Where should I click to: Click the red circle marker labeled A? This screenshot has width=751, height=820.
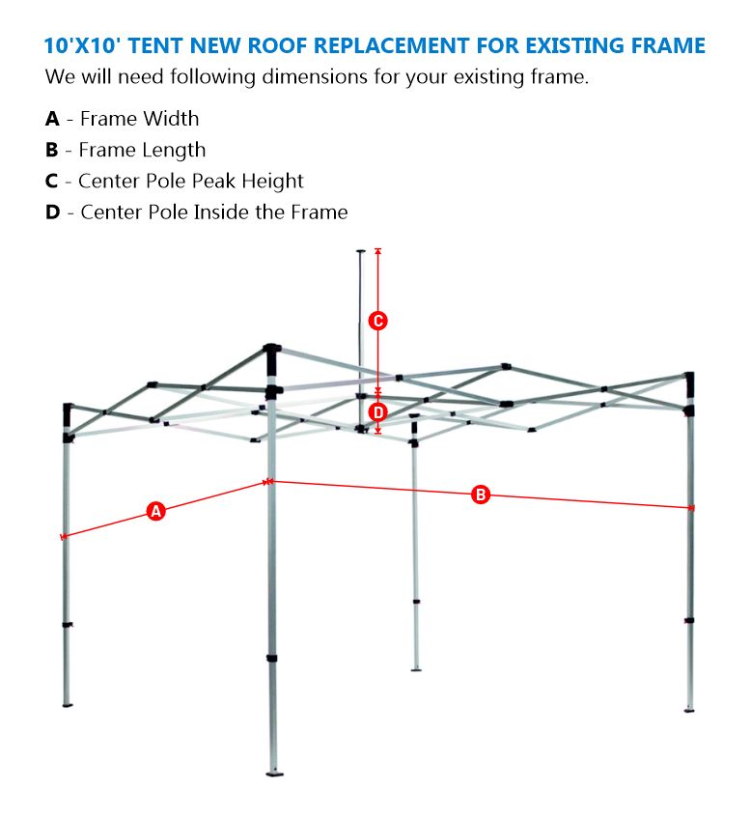point(156,511)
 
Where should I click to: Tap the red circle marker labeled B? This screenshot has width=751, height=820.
point(481,495)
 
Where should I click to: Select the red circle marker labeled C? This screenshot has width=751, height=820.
point(378,321)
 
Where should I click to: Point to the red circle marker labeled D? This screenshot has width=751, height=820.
point(378,412)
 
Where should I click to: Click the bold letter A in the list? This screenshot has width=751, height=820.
point(52,119)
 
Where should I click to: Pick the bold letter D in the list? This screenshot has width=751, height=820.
point(52,212)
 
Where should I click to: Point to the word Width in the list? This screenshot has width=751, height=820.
point(170,119)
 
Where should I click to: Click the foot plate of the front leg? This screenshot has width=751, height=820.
point(274,772)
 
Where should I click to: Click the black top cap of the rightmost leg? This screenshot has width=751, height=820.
point(689,380)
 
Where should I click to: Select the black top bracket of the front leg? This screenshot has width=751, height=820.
point(272,351)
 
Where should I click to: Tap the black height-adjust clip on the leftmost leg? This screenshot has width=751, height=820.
point(68,626)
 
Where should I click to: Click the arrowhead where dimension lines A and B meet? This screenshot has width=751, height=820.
point(269,481)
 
